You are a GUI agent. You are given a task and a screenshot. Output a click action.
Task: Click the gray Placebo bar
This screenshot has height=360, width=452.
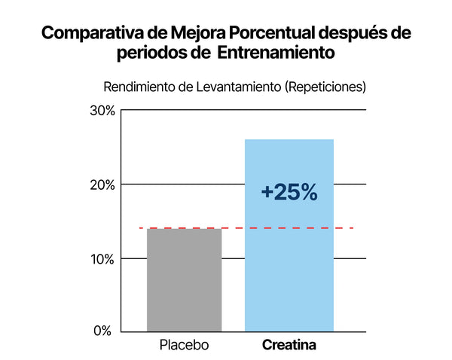tap(185, 279)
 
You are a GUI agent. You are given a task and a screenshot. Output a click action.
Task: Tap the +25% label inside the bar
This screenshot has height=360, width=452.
tap(289, 192)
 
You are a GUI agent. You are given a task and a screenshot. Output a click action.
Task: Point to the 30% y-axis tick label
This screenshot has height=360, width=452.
tap(102, 111)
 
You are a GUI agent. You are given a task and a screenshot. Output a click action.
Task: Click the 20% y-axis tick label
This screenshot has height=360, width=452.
tap(102, 185)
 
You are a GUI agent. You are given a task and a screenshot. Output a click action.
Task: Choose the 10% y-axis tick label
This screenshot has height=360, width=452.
tap(102, 259)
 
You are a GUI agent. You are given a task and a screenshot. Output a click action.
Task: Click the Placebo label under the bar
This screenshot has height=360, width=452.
tap(184, 346)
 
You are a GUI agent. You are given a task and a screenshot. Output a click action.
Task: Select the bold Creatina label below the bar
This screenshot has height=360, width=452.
tap(289, 346)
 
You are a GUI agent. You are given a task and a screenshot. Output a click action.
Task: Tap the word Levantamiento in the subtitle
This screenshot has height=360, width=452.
tap(238, 87)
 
